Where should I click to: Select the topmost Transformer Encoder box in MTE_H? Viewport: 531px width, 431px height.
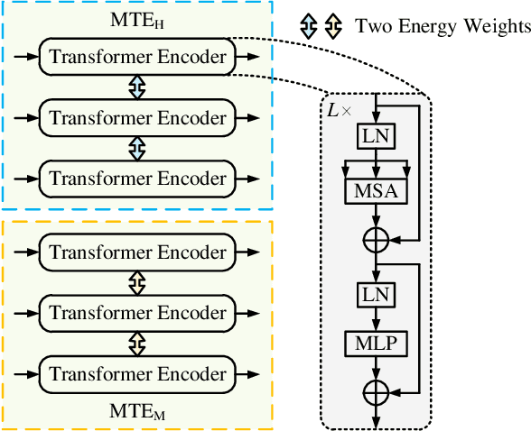(137, 57)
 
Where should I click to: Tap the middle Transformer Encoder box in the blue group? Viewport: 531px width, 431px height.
(137, 117)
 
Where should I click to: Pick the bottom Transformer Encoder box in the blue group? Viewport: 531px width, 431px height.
(137, 178)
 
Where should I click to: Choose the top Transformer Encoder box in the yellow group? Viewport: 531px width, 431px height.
(137, 253)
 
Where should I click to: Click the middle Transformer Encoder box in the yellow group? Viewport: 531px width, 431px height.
(137, 313)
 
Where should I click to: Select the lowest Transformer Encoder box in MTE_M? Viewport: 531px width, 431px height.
(137, 373)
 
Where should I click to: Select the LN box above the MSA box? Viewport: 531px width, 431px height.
(374, 136)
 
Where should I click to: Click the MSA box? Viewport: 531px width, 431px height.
(374, 190)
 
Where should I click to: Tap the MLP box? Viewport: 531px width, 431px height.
(374, 344)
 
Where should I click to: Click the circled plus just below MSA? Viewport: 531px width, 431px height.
(374, 240)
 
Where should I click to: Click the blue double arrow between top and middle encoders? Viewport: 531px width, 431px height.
(137, 87)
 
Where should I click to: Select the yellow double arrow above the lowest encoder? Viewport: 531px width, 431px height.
(137, 344)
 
